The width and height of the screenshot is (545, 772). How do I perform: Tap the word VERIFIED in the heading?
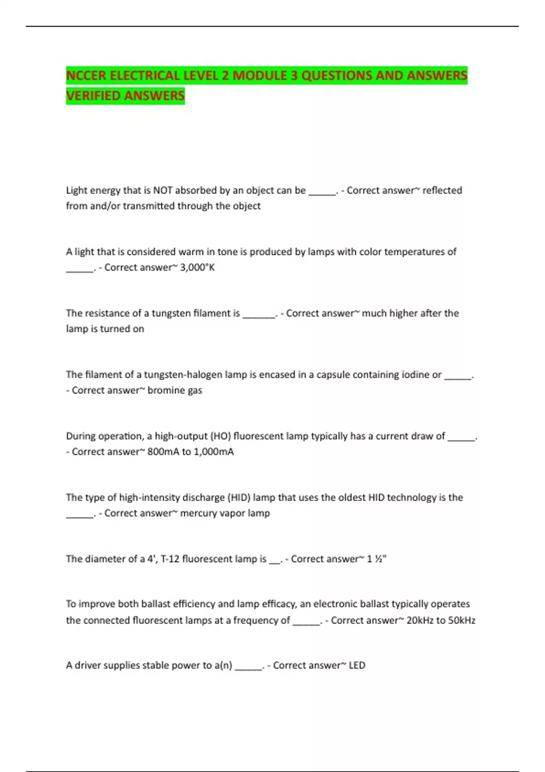(93, 96)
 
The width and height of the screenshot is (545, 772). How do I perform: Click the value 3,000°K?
(198, 267)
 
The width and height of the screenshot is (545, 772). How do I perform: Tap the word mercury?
(198, 513)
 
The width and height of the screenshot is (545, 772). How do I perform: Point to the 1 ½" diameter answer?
(377, 559)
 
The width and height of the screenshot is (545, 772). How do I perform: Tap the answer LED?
(357, 665)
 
